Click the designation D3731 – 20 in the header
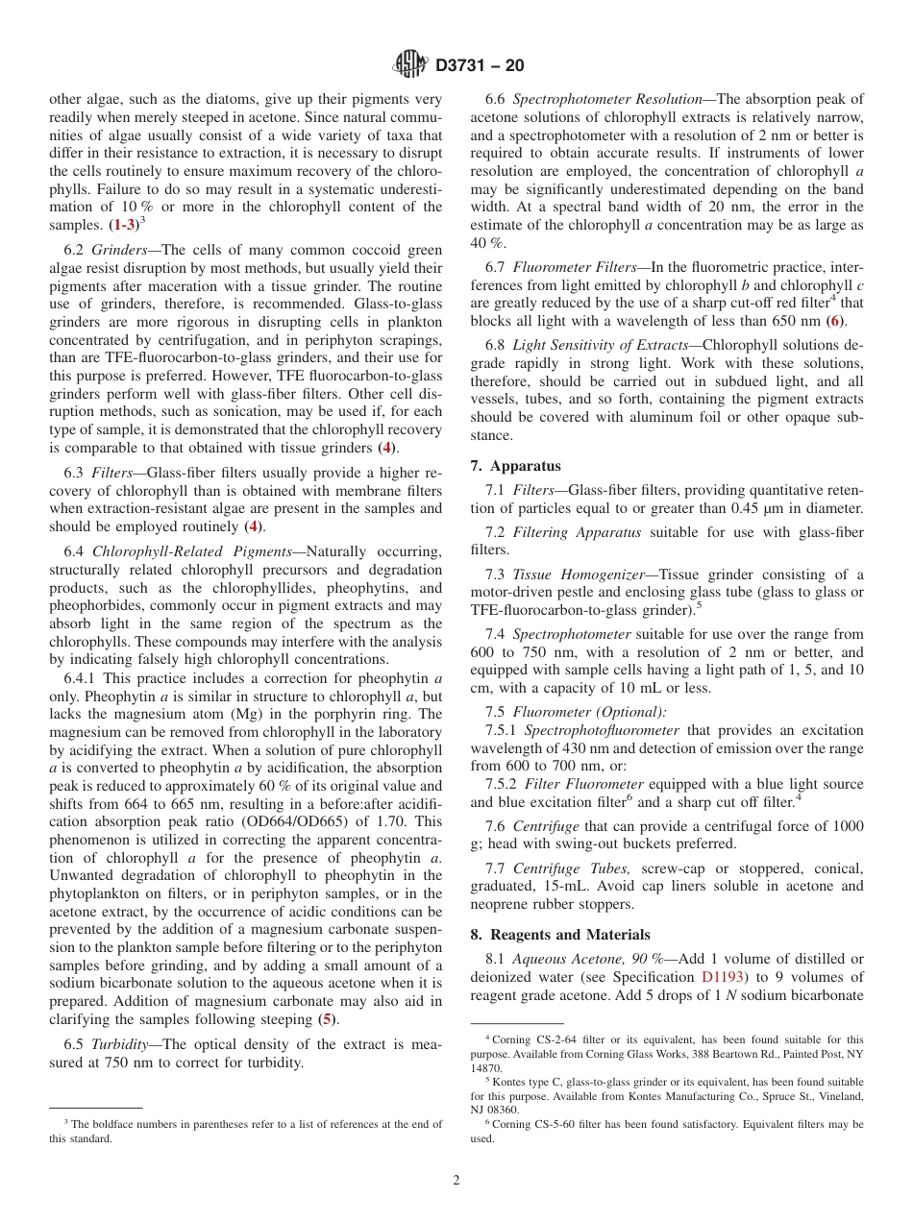480,66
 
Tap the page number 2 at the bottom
456,1181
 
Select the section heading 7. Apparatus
515,466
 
